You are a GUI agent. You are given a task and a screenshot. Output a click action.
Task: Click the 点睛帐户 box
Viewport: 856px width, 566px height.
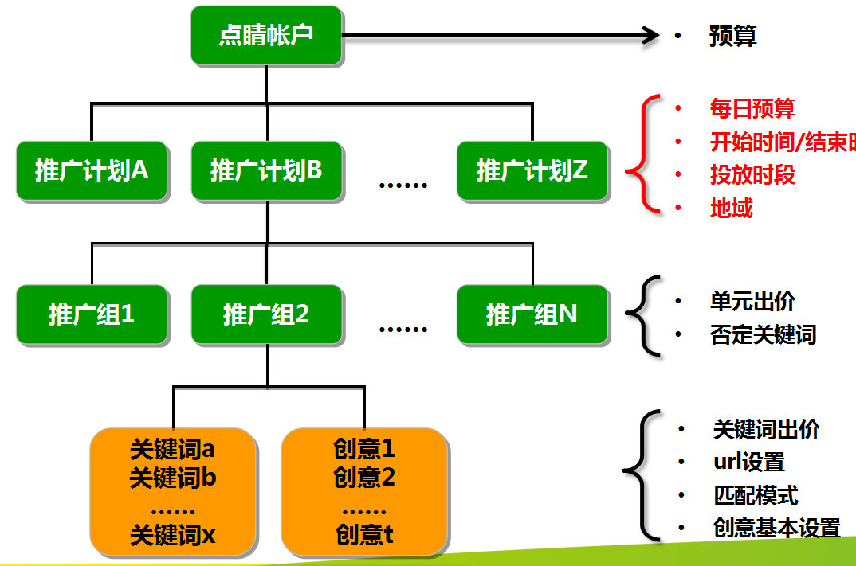click(267, 36)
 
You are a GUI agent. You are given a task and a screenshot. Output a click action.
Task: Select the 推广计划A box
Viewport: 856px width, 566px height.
click(92, 170)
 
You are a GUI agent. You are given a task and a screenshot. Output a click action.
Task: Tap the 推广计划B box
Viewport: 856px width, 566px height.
click(267, 170)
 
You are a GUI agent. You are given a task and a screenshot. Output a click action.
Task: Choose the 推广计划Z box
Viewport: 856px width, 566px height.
click(532, 170)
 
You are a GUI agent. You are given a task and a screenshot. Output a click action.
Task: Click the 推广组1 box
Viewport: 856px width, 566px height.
click(92, 314)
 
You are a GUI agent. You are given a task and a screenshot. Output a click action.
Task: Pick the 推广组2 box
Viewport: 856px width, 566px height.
click(267, 314)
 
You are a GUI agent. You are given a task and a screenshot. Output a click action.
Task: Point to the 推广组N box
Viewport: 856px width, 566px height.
click(532, 314)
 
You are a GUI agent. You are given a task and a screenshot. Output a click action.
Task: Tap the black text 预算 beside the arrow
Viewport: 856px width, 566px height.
click(732, 37)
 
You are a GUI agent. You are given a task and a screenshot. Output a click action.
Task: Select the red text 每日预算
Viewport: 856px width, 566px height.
click(752, 109)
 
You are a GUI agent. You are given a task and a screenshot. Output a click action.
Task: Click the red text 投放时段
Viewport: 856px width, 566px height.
click(752, 175)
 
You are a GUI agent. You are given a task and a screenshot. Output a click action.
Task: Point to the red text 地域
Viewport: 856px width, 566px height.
click(731, 209)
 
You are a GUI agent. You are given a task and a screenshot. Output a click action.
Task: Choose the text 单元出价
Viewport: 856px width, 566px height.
click(752, 302)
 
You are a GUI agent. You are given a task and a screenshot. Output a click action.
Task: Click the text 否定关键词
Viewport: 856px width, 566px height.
click(763, 334)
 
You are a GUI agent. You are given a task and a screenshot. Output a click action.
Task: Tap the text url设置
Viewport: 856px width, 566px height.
click(748, 463)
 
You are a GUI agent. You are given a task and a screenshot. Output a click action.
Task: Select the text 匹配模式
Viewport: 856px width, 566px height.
click(755, 496)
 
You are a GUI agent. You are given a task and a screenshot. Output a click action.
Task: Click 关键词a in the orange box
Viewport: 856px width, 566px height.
click(172, 450)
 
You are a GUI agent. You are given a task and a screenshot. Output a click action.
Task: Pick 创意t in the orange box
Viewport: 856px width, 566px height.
click(364, 535)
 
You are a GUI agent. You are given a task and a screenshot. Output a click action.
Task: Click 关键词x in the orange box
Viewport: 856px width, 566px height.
click(172, 535)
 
